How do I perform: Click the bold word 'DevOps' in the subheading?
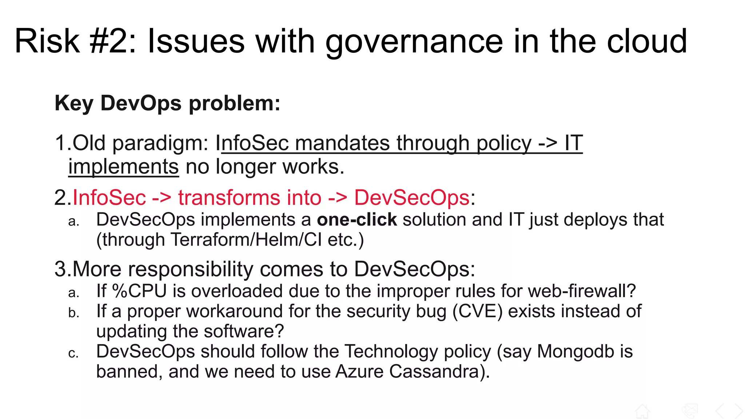141,103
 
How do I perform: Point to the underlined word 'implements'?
124,167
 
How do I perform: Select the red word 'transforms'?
229,198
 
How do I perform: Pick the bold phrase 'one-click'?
357,220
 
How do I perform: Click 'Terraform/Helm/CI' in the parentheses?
246,240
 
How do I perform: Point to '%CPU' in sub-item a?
139,291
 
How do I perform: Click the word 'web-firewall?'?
582,291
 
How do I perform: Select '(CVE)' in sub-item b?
478,312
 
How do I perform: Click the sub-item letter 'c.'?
73,353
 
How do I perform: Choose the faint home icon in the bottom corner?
642,411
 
